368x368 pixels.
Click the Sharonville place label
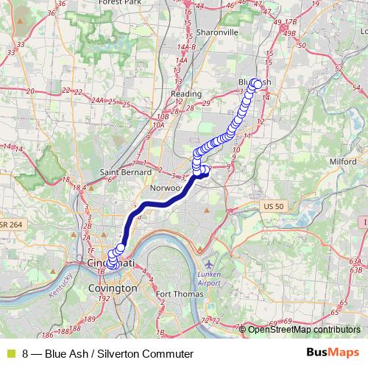pos(219,33)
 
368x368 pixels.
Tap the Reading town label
pos(185,94)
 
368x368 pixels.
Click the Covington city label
pos(112,289)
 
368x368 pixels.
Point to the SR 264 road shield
pos(13,224)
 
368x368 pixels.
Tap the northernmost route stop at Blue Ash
pos(256,82)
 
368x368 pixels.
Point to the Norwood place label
pos(166,188)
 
